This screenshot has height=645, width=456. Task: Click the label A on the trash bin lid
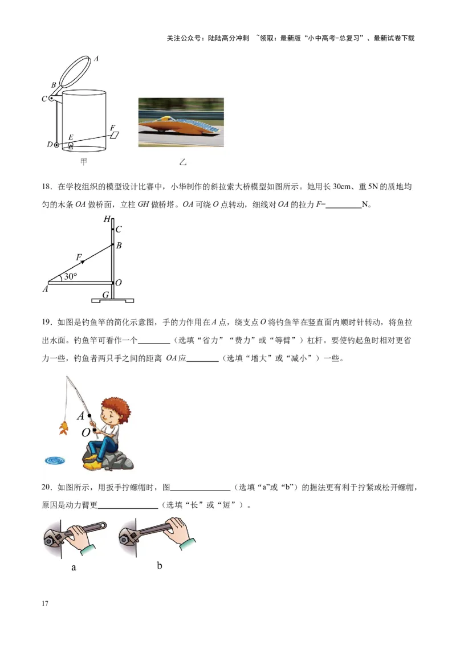(x=97, y=58)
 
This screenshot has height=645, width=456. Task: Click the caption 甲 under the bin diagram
(x=84, y=162)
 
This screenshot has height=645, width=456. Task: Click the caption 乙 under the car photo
(x=182, y=162)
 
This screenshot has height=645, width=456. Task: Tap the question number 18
(x=47, y=186)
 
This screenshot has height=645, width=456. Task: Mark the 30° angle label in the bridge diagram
(x=70, y=276)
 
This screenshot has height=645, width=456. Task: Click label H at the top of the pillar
(x=107, y=219)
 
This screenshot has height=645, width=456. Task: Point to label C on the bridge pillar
(x=119, y=230)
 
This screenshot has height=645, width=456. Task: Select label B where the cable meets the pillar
(x=119, y=246)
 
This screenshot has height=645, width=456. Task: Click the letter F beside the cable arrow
(x=79, y=257)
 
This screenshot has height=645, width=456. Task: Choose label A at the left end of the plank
(x=45, y=289)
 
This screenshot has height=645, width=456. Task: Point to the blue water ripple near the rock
(x=55, y=459)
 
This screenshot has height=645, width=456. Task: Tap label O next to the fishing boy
(x=85, y=432)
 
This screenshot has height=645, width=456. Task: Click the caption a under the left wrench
(x=74, y=568)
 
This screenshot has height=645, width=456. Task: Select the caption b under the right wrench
(x=160, y=565)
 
